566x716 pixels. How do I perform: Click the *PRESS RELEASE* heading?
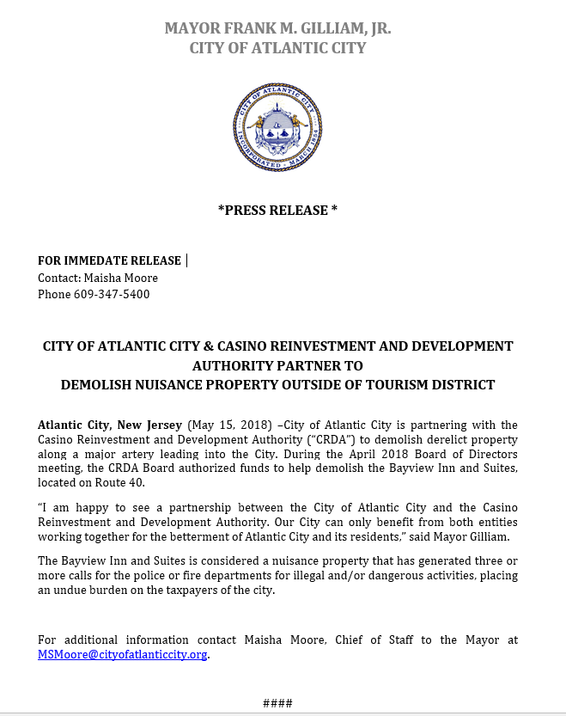click(x=277, y=210)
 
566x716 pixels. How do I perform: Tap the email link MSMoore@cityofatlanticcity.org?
click(x=123, y=654)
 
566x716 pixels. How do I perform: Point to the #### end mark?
click(x=277, y=703)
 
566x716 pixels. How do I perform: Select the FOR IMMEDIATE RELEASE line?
click(x=109, y=260)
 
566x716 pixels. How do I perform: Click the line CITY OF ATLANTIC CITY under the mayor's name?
click(x=277, y=48)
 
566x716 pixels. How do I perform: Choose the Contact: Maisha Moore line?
click(x=98, y=278)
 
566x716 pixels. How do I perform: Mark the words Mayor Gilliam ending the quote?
click(x=477, y=538)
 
